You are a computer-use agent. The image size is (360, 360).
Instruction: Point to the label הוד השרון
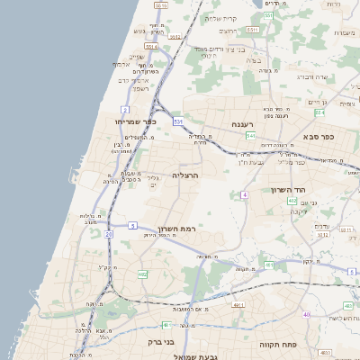coord(288,190)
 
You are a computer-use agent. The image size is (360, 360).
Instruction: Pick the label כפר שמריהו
coord(135,121)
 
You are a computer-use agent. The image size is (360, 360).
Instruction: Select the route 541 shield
coord(250,135)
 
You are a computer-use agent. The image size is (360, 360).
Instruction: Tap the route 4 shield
coord(244,194)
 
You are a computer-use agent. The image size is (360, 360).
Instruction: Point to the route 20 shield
coord(109,234)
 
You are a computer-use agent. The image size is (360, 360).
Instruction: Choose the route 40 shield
coord(307,314)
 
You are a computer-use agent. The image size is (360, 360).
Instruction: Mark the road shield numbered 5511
coord(253,30)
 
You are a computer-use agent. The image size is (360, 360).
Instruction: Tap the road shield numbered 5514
coord(150,45)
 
